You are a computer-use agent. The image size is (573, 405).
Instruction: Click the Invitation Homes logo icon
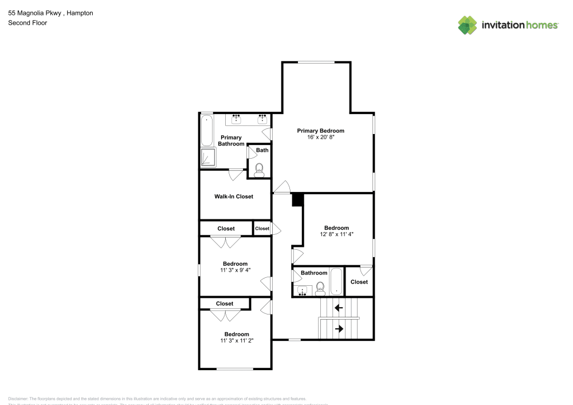[467, 25]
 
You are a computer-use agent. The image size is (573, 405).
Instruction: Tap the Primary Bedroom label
[320, 131]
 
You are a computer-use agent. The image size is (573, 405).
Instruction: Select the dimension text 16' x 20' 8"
[320, 138]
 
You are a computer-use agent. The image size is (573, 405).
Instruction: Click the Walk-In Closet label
[234, 196]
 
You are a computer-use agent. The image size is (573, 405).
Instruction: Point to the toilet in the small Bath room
[260, 168]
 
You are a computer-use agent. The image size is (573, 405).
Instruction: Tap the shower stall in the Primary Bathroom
[207, 157]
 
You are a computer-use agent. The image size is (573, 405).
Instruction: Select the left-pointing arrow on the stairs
[339, 308]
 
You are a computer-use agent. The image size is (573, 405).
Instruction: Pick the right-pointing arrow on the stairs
[339, 329]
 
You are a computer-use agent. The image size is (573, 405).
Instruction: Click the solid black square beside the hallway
[297, 200]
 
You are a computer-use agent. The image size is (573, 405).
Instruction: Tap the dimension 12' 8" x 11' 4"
[336, 234]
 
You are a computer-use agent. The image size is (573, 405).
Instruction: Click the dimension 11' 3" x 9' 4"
[236, 270]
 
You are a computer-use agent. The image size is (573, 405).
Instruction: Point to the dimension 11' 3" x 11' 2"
[236, 340]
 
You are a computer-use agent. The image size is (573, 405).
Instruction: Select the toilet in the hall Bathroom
[320, 288]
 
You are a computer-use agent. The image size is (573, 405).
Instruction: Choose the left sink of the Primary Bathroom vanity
[236, 119]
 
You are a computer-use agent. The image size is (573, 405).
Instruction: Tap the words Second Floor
[28, 23]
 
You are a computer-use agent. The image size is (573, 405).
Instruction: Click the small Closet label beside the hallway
[262, 229]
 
